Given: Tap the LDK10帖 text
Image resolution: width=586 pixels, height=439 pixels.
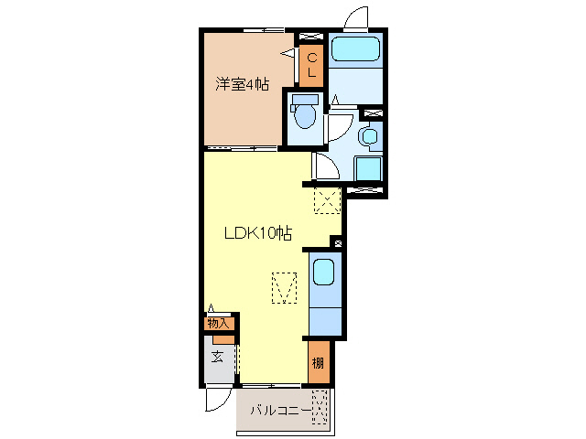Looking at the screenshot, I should [x=258, y=233].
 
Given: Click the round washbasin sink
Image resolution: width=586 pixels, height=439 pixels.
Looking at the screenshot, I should [x=369, y=137].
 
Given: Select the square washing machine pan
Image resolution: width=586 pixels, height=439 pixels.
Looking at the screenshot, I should [x=368, y=169].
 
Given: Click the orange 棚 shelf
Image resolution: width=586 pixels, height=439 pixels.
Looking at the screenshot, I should [x=317, y=363].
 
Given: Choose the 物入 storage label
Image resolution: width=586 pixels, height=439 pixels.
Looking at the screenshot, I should [x=218, y=323].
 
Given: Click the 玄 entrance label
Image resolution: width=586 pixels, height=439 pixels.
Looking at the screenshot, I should [x=218, y=357].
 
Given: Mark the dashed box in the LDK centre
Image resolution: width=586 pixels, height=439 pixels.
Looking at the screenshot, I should [x=286, y=288].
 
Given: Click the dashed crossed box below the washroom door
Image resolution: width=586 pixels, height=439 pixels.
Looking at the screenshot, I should [x=327, y=199].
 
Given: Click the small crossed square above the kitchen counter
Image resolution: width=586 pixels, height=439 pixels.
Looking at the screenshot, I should [x=337, y=243].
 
